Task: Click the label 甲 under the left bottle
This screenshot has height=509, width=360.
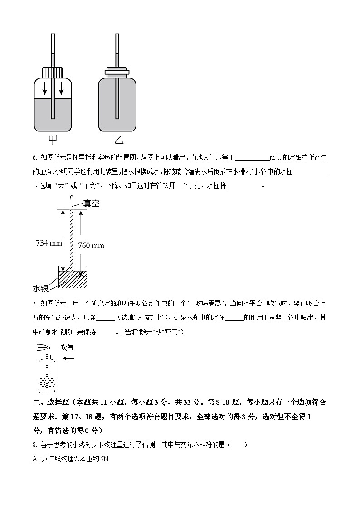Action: pyautogui.click(x=53, y=139)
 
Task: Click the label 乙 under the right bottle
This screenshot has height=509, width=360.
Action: pyautogui.click(x=118, y=139)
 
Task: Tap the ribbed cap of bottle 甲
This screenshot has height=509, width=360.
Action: pyautogui.click(x=53, y=72)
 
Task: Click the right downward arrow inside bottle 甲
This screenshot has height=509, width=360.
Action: pyautogui.click(x=61, y=88)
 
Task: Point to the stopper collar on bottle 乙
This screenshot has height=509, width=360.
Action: pyautogui.click(x=117, y=71)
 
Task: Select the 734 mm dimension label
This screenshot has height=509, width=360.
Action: pyautogui.click(x=49, y=243)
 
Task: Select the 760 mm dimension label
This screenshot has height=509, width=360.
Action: pyautogui.click(x=91, y=246)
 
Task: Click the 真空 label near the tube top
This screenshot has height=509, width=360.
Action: pyautogui.click(x=91, y=204)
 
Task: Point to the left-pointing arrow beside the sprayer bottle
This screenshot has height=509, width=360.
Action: pyautogui.click(x=68, y=358)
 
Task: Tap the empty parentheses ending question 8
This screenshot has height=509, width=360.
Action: pyautogui.click(x=238, y=445)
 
